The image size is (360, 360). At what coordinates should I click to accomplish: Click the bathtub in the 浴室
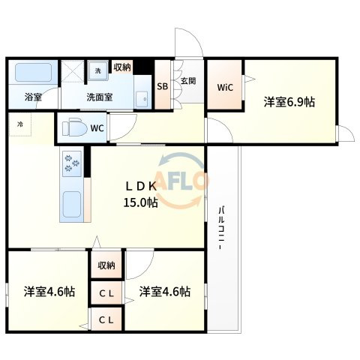tap(33, 73)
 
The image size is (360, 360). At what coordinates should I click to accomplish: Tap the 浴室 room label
tap(33, 97)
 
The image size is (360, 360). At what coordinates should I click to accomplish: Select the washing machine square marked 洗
tap(97, 70)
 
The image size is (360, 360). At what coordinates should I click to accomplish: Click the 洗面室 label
tap(100, 97)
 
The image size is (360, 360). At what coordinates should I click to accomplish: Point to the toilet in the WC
tap(75, 128)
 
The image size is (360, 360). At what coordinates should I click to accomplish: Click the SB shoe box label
tap(163, 86)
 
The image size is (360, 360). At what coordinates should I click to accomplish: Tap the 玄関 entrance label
tap(188, 81)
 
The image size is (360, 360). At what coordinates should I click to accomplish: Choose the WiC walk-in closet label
tap(225, 87)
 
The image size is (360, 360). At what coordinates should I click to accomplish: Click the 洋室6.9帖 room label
tap(289, 102)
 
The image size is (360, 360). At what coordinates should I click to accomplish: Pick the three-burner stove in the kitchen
tap(72, 163)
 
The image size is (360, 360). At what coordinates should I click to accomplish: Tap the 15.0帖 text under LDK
tap(141, 202)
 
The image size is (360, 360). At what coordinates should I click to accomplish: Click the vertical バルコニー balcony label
tap(221, 228)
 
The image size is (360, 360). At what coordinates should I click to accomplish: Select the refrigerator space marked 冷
tap(20, 124)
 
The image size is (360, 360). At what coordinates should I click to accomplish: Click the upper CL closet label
tap(106, 293)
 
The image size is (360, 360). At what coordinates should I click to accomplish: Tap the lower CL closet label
tap(106, 319)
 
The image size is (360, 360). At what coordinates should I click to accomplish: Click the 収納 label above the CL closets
tap(106, 265)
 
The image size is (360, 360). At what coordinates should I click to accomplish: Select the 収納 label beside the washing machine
tap(122, 67)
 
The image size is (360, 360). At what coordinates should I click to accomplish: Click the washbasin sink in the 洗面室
tap(142, 97)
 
